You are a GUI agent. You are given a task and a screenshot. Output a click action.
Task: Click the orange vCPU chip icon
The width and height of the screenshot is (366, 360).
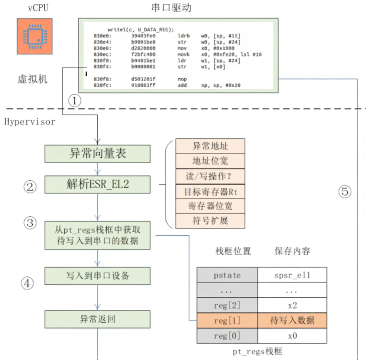click(35, 36)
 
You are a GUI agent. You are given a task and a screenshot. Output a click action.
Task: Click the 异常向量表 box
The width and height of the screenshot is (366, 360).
click(97, 154)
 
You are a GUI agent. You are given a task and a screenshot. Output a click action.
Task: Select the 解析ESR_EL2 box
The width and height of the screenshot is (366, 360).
click(97, 184)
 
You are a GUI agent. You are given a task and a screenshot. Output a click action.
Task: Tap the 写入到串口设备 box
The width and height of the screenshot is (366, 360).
click(97, 276)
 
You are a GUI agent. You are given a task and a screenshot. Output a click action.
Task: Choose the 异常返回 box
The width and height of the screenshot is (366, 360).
click(97, 319)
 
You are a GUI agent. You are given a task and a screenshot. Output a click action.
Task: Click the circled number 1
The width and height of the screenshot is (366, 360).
click(75, 101)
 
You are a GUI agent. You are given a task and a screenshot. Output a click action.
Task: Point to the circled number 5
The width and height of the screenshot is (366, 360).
click(345, 192)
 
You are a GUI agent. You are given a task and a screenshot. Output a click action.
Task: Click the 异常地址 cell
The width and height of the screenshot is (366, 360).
click(210, 146)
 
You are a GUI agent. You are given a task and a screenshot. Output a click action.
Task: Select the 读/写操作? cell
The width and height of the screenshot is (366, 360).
click(210, 176)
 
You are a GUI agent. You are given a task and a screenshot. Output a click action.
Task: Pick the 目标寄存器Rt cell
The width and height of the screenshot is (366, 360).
click(210, 192)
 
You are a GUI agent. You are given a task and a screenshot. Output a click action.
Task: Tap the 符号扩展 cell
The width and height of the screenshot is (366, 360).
click(210, 221)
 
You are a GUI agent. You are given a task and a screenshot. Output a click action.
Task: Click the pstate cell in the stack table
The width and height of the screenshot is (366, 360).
click(227, 275)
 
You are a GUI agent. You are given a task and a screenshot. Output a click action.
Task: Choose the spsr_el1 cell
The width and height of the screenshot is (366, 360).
click(292, 275)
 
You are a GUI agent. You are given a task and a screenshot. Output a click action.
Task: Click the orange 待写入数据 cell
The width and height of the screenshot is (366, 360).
click(292, 320)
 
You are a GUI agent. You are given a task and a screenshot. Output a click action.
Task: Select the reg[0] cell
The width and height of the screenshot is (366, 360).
click(227, 336)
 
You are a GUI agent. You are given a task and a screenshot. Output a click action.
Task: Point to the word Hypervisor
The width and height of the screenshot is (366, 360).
click(30, 122)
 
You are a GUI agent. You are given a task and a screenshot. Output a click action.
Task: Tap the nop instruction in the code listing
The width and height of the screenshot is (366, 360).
click(182, 78)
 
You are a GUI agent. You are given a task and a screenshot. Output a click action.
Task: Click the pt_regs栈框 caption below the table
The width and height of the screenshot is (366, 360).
click(257, 351)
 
